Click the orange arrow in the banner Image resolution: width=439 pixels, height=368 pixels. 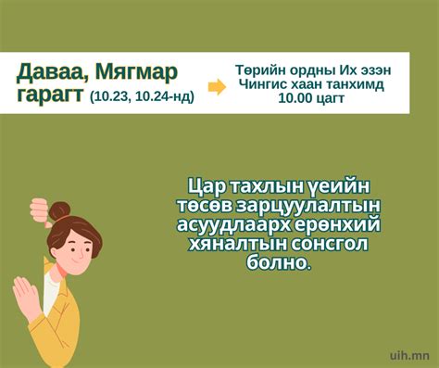tap(216, 87)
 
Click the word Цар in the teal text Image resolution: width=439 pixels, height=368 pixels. tap(205, 184)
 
